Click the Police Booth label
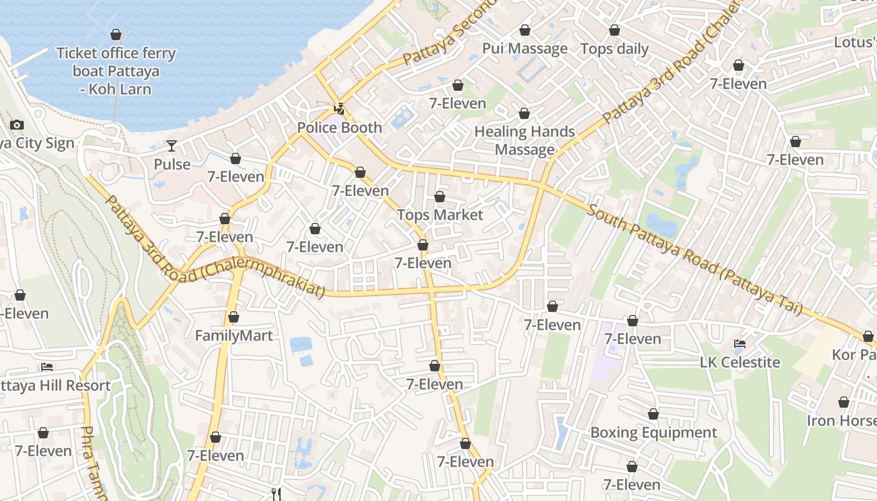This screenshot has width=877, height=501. (x=339, y=128)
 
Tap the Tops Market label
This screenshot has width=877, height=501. (x=440, y=215)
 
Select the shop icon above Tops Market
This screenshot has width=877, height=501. (x=440, y=197)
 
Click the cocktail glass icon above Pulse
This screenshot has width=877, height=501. (x=171, y=146)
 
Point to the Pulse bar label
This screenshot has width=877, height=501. (x=172, y=164)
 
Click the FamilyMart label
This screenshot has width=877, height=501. (x=234, y=336)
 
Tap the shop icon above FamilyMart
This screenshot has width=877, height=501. (x=234, y=318)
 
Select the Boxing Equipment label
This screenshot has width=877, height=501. (x=653, y=433)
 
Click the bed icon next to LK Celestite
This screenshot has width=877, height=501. (x=739, y=344)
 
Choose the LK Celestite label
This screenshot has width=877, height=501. (x=740, y=362)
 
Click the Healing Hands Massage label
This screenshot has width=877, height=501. (x=524, y=140)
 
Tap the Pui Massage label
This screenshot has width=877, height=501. (x=524, y=48)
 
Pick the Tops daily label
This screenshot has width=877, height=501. (x=614, y=48)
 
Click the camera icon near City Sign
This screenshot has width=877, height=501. (x=17, y=125)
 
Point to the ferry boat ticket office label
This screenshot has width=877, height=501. (x=116, y=71)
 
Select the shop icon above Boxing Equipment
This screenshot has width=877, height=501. (x=653, y=414)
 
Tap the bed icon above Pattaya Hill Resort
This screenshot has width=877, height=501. (x=47, y=367)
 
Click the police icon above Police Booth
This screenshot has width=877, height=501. (x=339, y=109)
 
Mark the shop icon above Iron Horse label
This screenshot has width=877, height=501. (x=844, y=402)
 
